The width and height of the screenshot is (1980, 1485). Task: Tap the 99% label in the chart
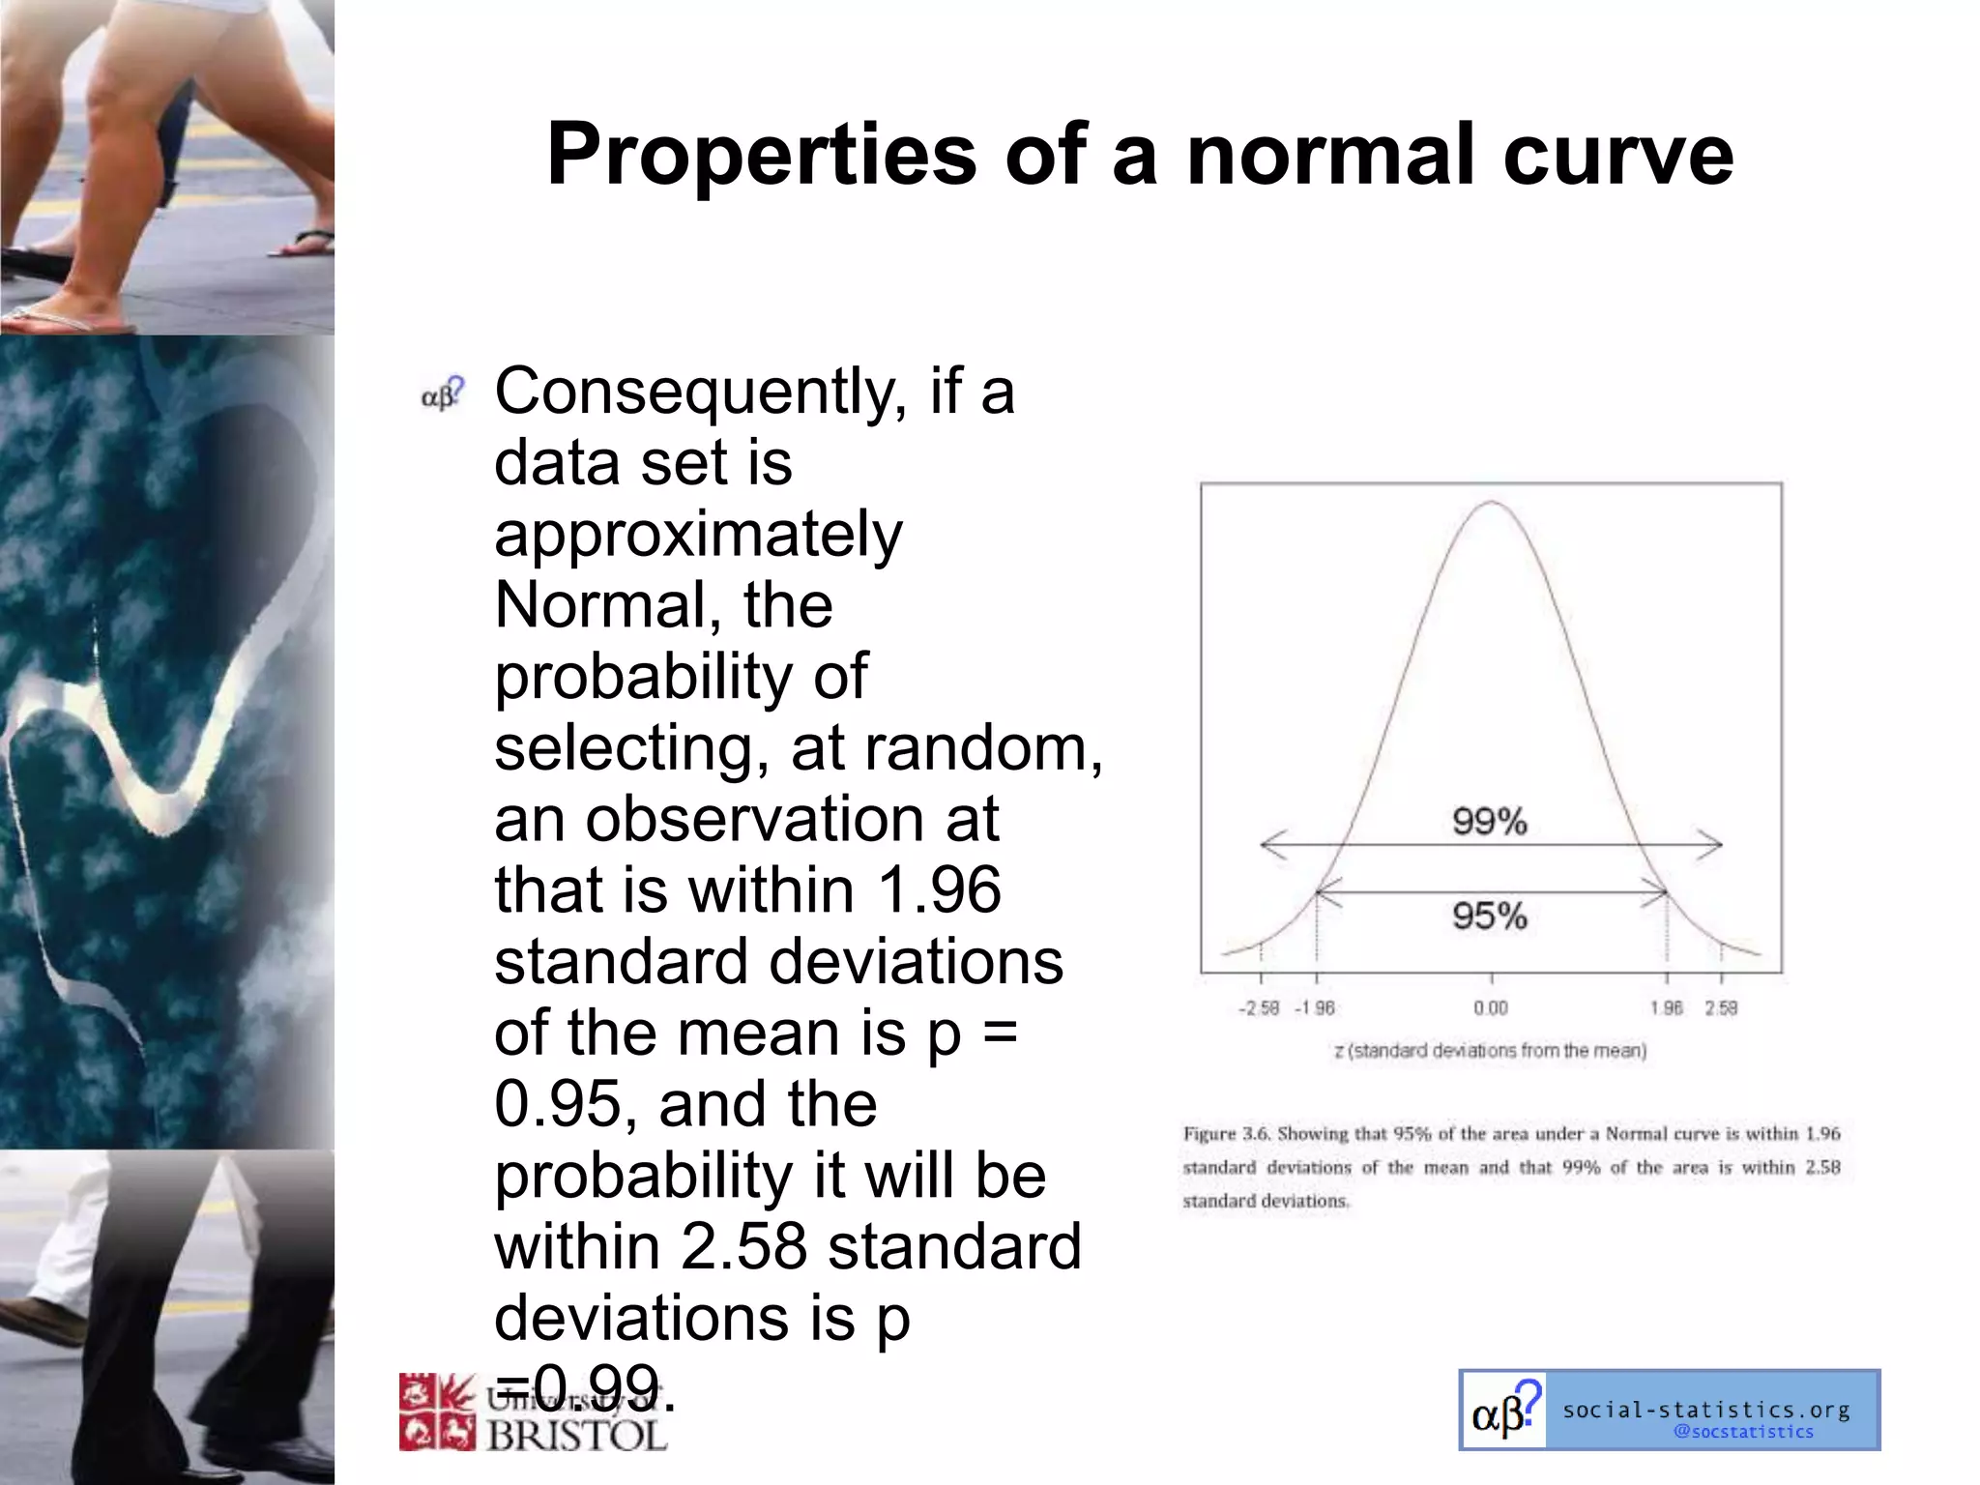click(1489, 822)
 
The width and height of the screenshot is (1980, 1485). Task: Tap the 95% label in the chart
click(1489, 916)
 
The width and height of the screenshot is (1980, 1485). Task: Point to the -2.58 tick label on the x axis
click(1258, 1008)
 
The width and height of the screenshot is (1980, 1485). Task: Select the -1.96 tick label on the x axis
click(1315, 1008)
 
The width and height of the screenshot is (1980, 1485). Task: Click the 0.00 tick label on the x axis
click(1491, 1008)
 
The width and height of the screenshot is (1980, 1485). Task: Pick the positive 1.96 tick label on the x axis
click(1666, 1008)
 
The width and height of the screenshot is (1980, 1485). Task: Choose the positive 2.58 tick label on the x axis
click(1721, 1008)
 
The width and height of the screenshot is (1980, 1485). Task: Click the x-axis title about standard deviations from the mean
click(1490, 1051)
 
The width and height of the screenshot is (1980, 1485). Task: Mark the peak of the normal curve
click(1492, 502)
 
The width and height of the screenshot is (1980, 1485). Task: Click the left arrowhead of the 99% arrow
click(1266, 844)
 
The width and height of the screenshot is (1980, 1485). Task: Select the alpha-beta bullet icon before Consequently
click(443, 393)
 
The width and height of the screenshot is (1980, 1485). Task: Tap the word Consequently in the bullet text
click(700, 392)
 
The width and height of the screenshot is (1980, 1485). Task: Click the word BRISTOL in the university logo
click(576, 1435)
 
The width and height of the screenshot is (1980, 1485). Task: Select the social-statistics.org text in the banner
click(1706, 1410)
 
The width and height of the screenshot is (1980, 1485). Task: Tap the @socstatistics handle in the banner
click(1743, 1432)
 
